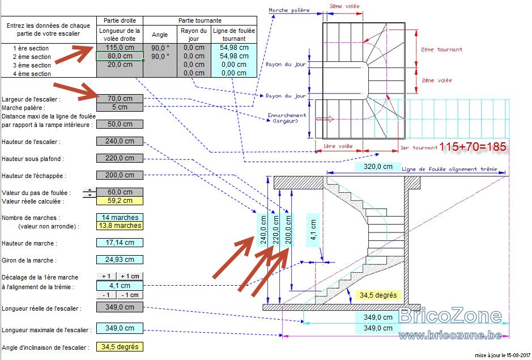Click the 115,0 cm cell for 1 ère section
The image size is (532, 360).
point(120,48)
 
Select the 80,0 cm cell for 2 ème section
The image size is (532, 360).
point(120,56)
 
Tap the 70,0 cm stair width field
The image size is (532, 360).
point(120,99)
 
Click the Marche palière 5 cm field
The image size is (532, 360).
point(120,107)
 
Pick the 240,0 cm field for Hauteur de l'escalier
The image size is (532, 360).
point(120,141)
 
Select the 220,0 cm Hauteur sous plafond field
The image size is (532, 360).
point(120,158)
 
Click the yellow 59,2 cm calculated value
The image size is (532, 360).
point(120,201)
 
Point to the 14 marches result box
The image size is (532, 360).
point(120,217)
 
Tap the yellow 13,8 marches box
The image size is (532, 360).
point(120,226)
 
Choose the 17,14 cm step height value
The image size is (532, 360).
point(120,243)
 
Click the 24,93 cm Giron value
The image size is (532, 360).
point(120,260)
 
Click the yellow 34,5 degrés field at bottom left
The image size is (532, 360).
point(120,347)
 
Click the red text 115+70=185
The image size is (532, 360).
point(473,147)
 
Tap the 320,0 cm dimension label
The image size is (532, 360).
point(378,167)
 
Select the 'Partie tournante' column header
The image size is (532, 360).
point(200,20)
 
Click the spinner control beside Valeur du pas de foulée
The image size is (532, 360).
point(90,193)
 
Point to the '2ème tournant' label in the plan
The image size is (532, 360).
point(442,49)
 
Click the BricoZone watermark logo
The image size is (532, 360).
point(450,316)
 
